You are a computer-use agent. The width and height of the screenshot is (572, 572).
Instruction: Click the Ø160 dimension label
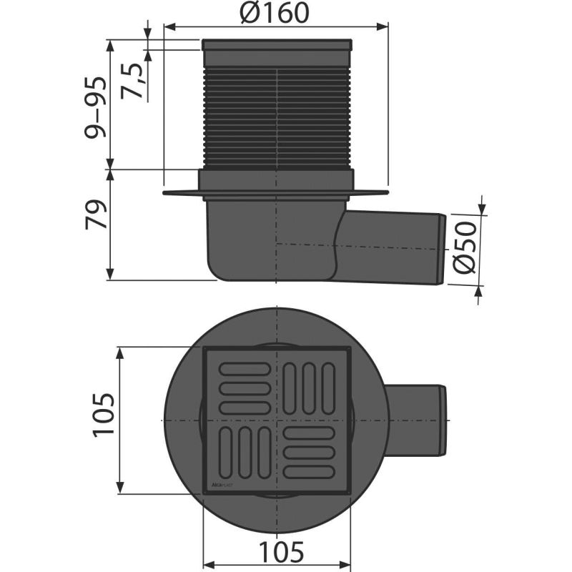point(276,12)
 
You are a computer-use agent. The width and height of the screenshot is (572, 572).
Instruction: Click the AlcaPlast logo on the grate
point(223,485)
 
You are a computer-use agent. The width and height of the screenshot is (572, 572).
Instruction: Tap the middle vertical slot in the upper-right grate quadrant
point(310,387)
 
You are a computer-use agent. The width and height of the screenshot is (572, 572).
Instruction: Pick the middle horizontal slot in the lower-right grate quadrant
point(310,453)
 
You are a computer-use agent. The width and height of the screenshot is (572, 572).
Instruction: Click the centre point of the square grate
point(277,420)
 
